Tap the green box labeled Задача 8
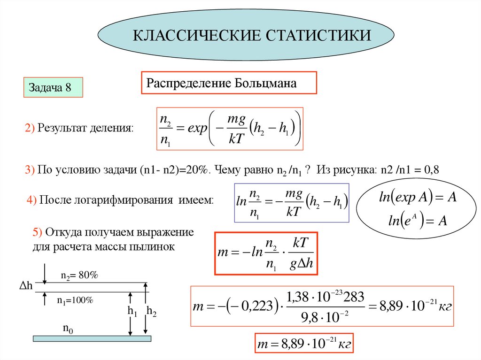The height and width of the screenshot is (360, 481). point(53,88)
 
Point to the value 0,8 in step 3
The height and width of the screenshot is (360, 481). point(431,170)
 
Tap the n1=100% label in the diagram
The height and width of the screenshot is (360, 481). point(76,301)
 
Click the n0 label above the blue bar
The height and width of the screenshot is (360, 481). point(69,329)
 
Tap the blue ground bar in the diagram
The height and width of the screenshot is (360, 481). point(92,338)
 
